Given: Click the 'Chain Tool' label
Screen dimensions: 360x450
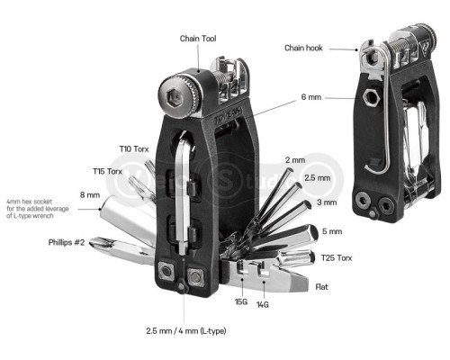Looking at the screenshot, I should point(198,39).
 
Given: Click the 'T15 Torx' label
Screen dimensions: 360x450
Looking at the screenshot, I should point(108,170).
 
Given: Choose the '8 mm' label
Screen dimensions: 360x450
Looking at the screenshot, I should point(89,194).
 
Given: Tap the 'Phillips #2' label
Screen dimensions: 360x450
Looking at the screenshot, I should point(67,242).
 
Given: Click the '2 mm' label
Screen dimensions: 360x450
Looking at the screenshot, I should point(294,160).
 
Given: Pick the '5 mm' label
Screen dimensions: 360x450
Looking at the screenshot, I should point(332,230).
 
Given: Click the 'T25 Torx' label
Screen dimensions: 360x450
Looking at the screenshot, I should point(338,257).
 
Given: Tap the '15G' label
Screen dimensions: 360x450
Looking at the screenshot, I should point(241,302).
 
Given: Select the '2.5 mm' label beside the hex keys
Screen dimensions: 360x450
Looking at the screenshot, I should point(317,178).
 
